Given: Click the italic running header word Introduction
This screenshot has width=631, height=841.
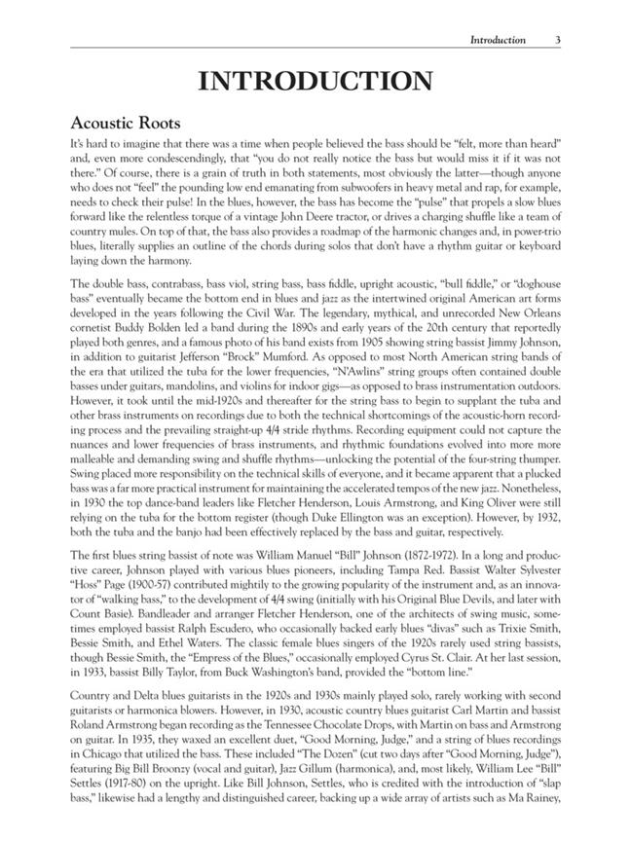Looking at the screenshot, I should click(x=498, y=40).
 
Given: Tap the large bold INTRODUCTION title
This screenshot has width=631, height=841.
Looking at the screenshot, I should click(x=315, y=82).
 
